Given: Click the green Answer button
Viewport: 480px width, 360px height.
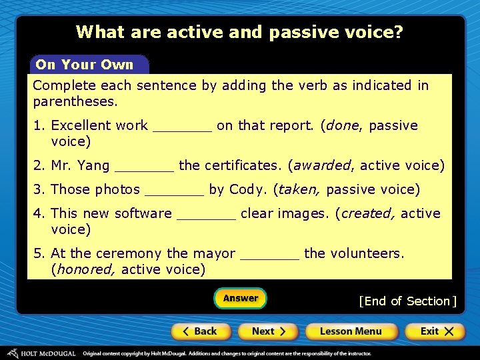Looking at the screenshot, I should [x=240, y=298].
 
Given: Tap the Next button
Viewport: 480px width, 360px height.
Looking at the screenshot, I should [x=269, y=331].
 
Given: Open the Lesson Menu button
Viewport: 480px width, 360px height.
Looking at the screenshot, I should [x=351, y=331].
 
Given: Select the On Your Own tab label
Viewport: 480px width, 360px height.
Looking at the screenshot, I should [x=85, y=65].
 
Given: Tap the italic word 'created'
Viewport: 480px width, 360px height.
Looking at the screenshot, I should [x=367, y=213].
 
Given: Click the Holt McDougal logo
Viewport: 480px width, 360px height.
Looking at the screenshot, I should [x=41, y=353].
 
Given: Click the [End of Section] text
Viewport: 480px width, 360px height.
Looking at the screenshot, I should [x=407, y=301].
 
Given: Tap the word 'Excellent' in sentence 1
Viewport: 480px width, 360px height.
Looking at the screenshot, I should [x=81, y=125].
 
